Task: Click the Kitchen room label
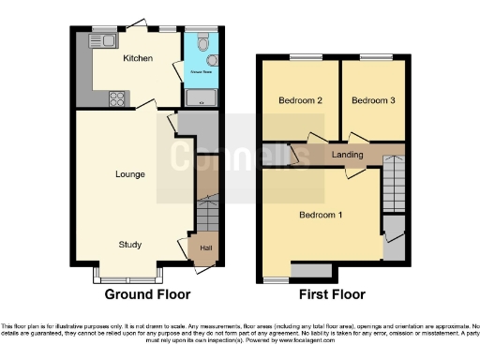coord(138,58)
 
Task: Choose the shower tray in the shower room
coord(201,97)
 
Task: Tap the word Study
coord(129,246)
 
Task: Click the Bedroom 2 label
coord(300,100)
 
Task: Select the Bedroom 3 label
coord(372,100)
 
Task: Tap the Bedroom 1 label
coord(320,215)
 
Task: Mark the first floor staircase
coord(395,183)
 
